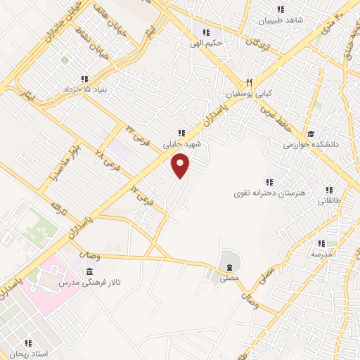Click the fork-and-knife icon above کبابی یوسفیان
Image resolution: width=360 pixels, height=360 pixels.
[248, 81]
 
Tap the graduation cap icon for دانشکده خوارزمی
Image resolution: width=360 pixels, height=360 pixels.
[311, 134]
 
